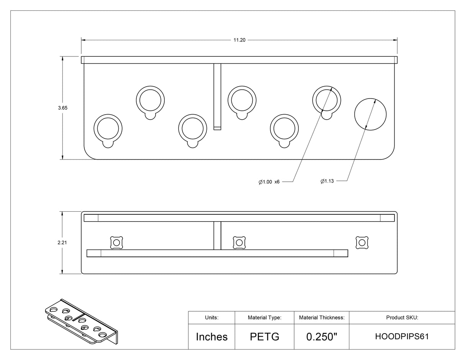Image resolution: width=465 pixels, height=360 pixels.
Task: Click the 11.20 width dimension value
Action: pos(239,40)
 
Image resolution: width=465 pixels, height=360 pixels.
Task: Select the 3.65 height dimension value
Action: pos(62,108)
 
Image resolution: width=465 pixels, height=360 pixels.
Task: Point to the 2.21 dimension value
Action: pos(62,242)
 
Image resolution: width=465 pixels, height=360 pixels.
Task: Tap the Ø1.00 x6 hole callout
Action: pos(269,182)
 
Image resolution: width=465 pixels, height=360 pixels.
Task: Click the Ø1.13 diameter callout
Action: pos(327,181)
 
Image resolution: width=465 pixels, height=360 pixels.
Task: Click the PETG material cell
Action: pos(265,337)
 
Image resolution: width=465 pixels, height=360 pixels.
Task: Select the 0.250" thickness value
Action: pos(322,337)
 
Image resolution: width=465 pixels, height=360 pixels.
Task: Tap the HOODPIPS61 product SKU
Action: pos(402,337)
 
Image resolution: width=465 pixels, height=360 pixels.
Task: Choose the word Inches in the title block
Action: pos(212,337)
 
